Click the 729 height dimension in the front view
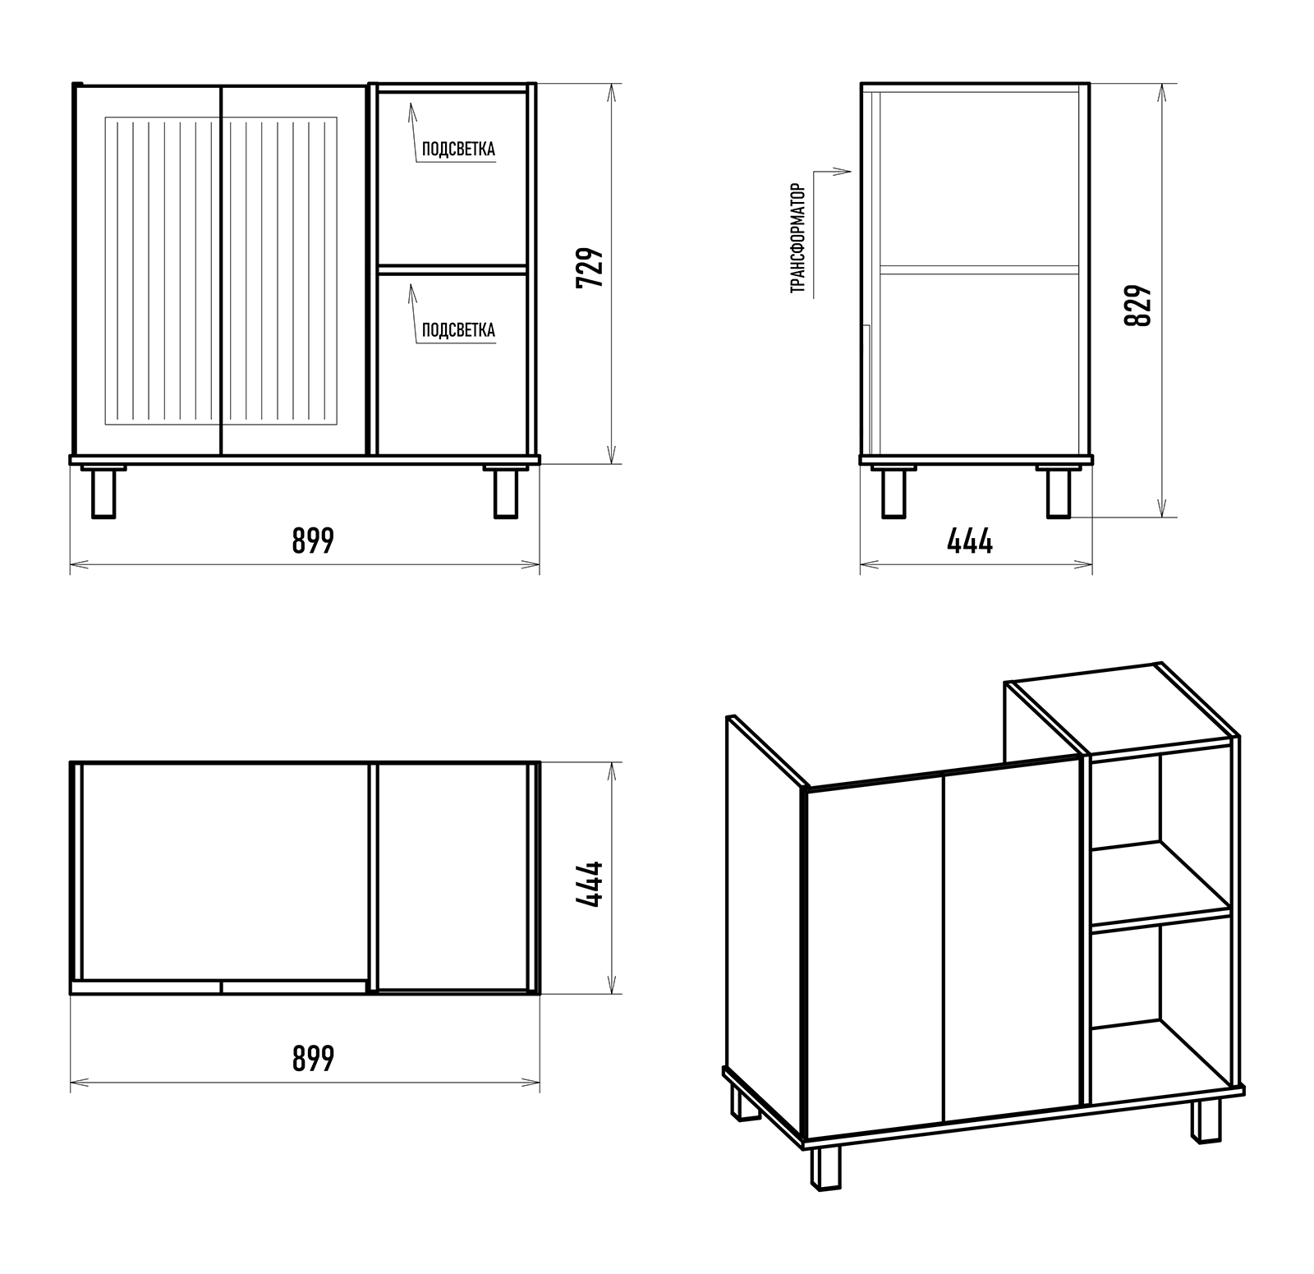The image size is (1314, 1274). pyautogui.click(x=590, y=267)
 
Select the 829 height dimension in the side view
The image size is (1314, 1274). pyautogui.click(x=1138, y=306)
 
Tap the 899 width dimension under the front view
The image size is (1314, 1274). pyautogui.click(x=313, y=540)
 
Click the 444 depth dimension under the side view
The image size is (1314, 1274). pyautogui.click(x=970, y=541)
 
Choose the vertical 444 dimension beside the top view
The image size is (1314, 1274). pyautogui.click(x=590, y=884)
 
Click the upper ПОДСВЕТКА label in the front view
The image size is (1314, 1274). pyautogui.click(x=458, y=149)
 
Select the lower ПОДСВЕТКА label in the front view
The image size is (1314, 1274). pyautogui.click(x=458, y=330)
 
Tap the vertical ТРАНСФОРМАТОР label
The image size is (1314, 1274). pyautogui.click(x=797, y=238)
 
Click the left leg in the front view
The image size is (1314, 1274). pyautogui.click(x=103, y=491)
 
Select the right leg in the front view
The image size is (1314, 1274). pyautogui.click(x=506, y=491)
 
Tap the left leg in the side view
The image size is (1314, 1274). pyautogui.click(x=894, y=491)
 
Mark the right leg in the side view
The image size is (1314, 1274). pyautogui.click(x=1059, y=491)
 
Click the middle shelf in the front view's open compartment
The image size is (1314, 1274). pyautogui.click(x=452, y=269)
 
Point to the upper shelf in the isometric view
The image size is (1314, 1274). pyautogui.click(x=1160, y=884)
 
